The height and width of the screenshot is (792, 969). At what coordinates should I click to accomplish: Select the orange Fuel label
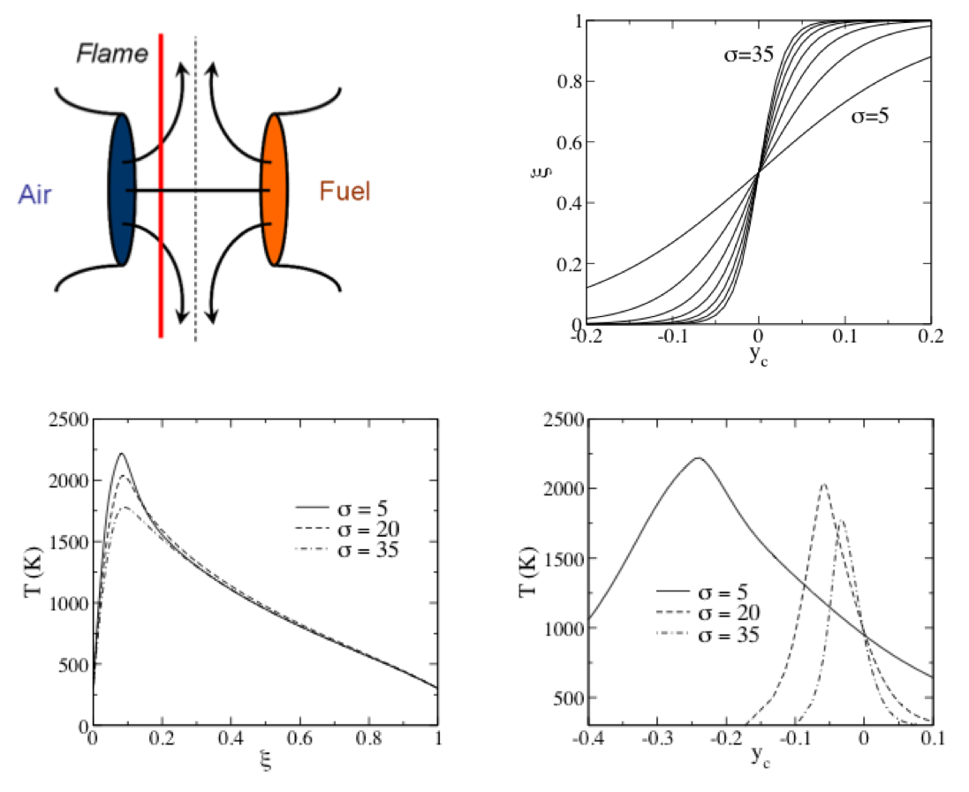point(344,191)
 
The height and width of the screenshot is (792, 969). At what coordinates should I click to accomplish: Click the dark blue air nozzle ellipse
point(121,189)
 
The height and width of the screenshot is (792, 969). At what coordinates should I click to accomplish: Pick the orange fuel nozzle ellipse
point(274,189)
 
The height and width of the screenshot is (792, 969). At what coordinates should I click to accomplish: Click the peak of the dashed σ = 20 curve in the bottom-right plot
point(824,484)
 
